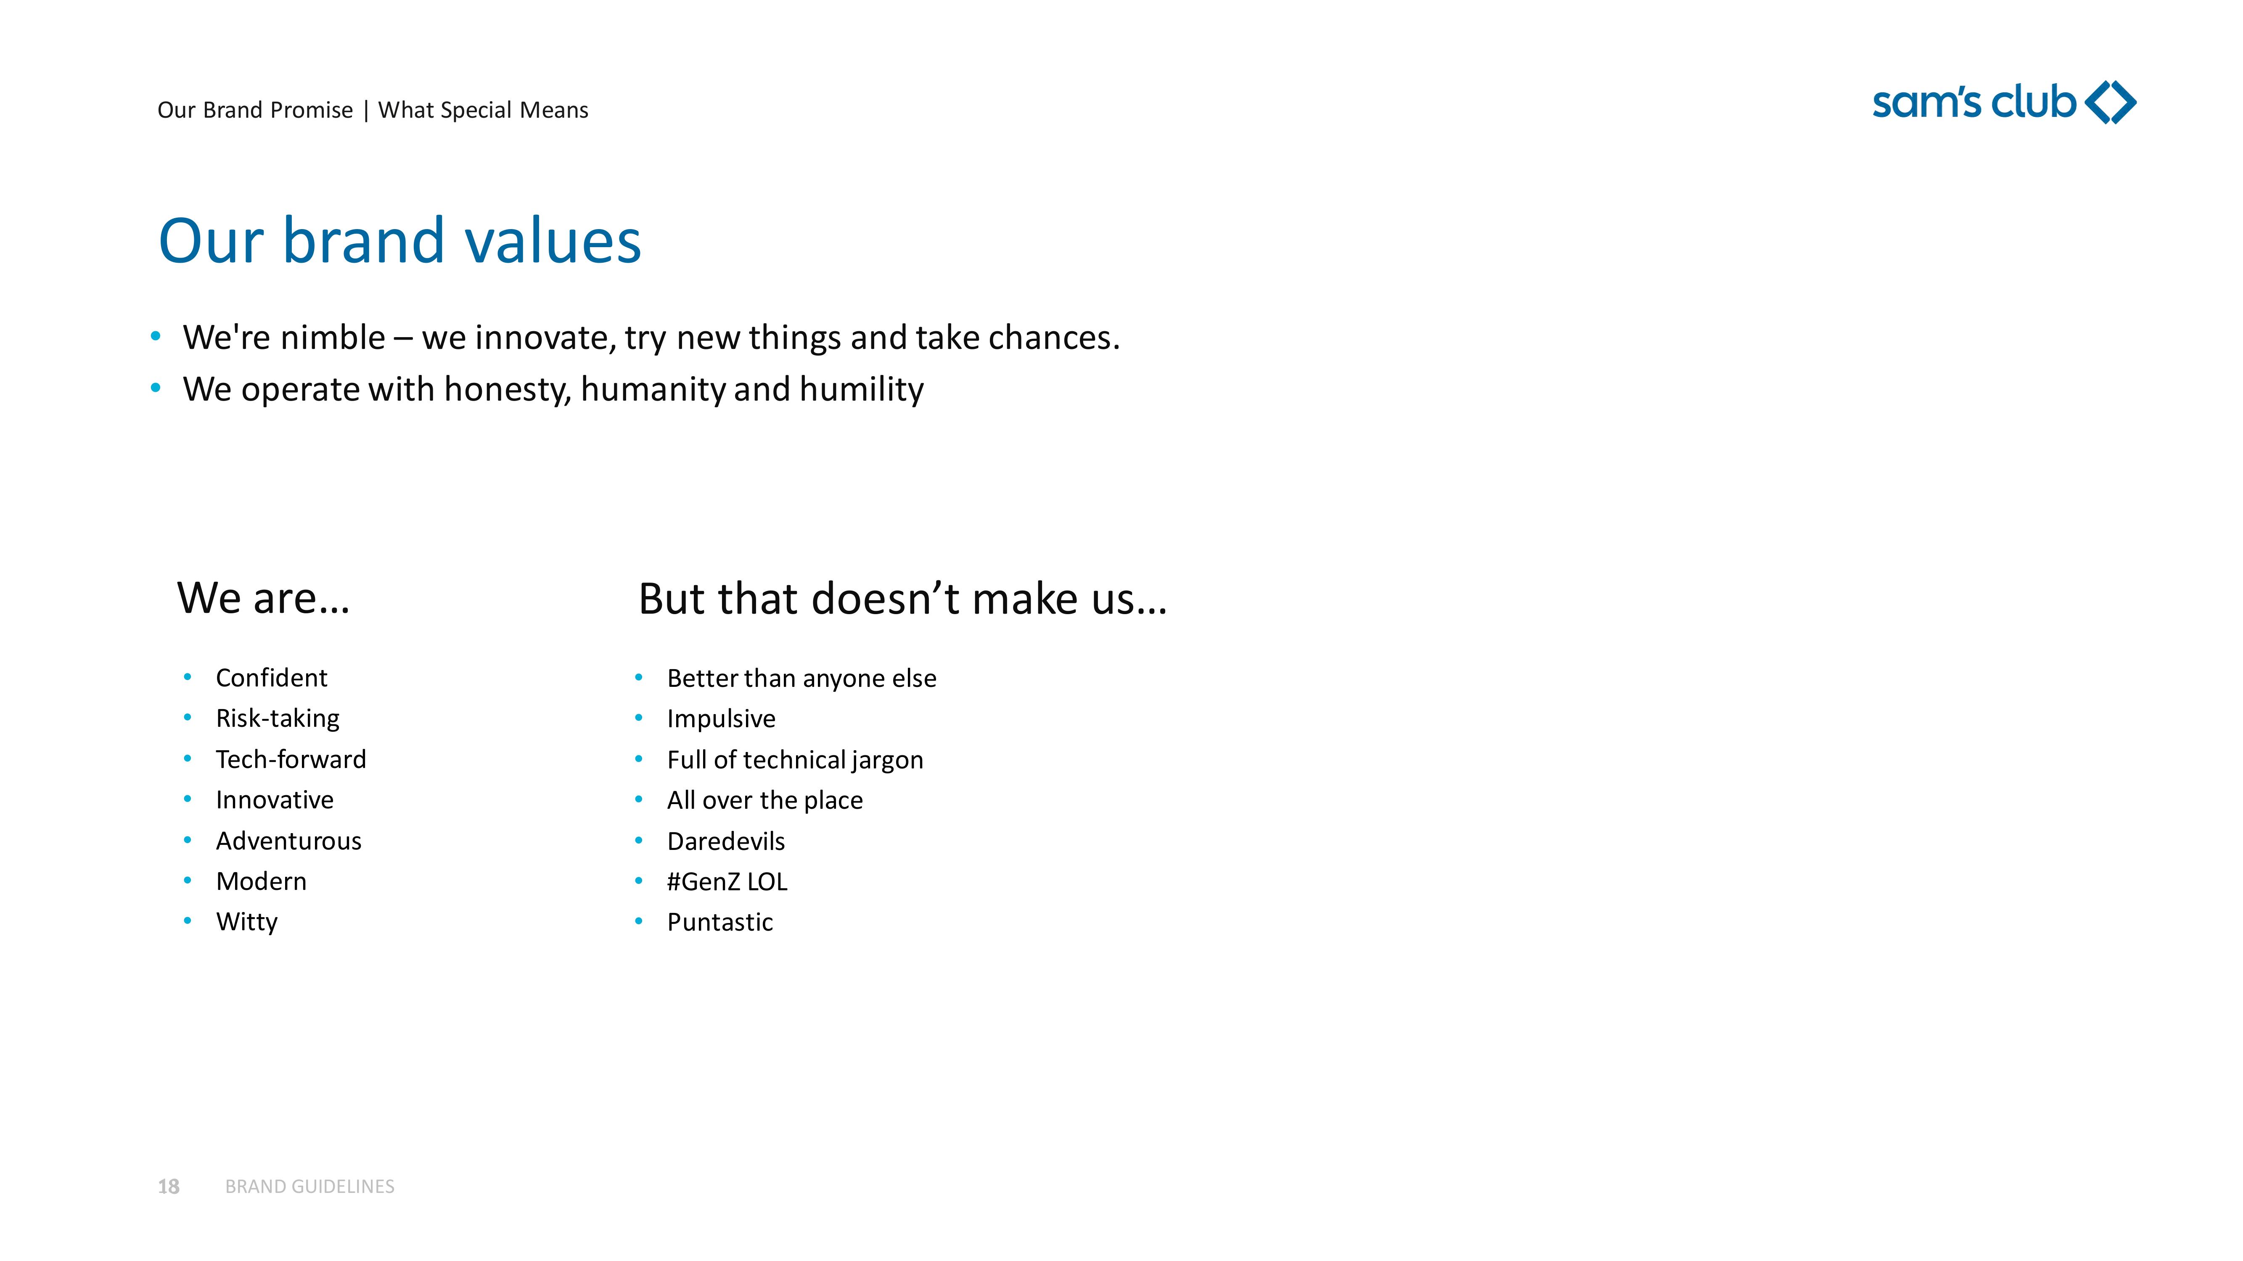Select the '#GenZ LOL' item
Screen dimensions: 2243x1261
(x=727, y=881)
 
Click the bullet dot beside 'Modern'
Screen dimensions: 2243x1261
(x=187, y=881)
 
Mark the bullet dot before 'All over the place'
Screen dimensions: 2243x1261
(x=638, y=799)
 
